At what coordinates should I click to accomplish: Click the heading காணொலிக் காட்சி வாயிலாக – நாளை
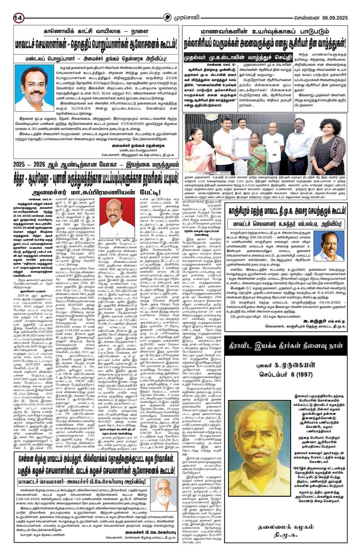tap(96, 32)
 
